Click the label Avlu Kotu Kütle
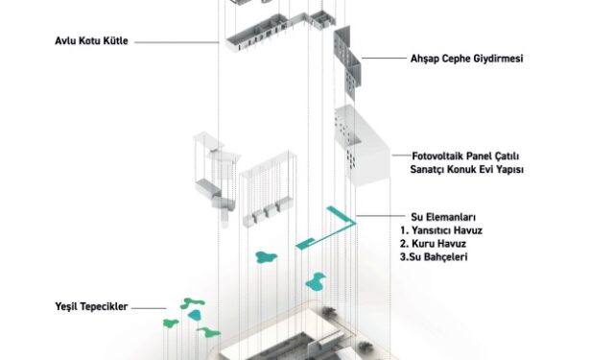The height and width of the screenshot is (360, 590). pos(91,40)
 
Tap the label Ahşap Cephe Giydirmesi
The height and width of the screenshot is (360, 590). pos(466,59)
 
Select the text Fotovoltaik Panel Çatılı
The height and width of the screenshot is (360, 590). pos(465,156)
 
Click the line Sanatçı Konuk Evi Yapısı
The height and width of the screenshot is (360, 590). pos(466,169)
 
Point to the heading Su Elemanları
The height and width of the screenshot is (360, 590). pos(443,217)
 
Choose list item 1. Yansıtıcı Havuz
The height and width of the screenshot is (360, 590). pos(441,230)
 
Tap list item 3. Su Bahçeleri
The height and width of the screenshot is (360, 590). pos(434,257)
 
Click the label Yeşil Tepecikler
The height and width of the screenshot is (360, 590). pos(91,306)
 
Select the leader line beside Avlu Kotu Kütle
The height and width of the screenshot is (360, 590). pos(177,42)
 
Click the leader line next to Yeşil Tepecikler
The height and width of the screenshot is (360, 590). pos(149,308)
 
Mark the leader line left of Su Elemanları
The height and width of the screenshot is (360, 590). pos(380,216)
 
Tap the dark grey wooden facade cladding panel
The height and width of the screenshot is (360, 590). pos(347,62)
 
